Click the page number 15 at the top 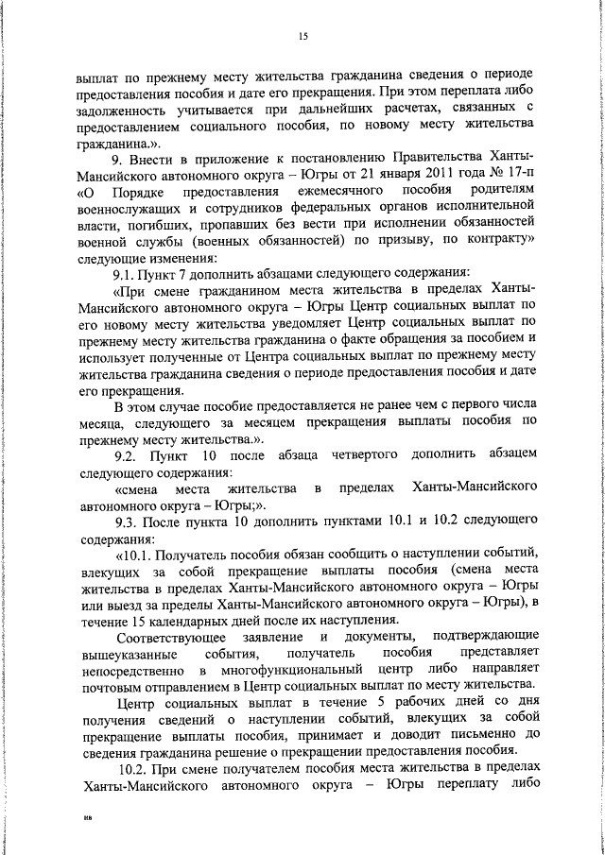pos(302,37)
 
